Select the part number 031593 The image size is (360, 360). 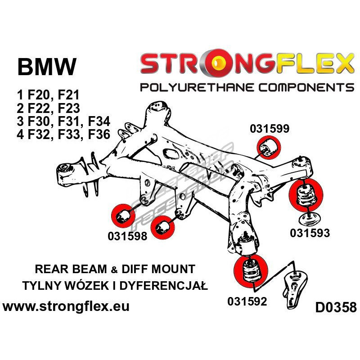pyautogui.click(x=310, y=233)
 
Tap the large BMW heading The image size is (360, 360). pyautogui.click(x=47, y=67)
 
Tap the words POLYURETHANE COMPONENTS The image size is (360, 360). pyautogui.click(x=247, y=87)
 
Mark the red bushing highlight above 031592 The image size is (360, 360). pyautogui.click(x=251, y=271)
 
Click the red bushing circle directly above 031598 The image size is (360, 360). pyautogui.click(x=123, y=216)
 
